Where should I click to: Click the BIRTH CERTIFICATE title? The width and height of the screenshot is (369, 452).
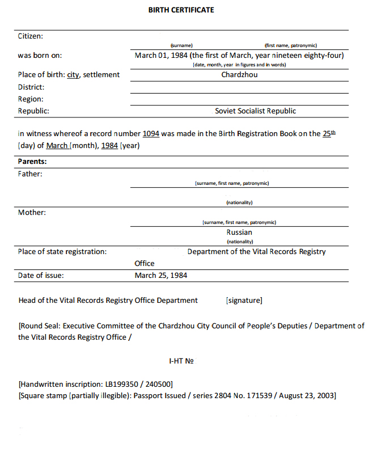(x=181, y=10)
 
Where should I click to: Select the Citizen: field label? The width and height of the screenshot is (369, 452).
(x=31, y=36)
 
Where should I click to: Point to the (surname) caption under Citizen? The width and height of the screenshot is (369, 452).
(x=182, y=45)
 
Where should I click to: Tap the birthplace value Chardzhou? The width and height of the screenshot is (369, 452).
(x=239, y=74)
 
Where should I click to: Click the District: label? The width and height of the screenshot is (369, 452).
(x=31, y=87)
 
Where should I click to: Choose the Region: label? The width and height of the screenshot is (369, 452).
(x=31, y=99)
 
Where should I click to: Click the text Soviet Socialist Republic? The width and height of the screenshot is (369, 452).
(x=255, y=111)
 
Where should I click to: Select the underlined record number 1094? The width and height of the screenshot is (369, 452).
(x=151, y=134)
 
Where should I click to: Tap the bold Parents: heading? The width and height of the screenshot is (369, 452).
(x=32, y=161)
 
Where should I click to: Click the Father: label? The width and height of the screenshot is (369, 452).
(x=30, y=174)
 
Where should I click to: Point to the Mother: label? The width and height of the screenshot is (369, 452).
(x=32, y=213)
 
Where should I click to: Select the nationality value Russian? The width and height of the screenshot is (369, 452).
(x=239, y=232)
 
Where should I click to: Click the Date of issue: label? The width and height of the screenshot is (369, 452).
(x=41, y=275)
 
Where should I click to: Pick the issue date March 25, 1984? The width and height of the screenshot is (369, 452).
(x=161, y=275)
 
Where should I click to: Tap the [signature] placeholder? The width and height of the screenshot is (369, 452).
(x=244, y=300)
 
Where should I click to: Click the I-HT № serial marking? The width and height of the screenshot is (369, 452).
(x=181, y=361)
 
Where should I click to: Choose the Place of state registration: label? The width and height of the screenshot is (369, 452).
(x=62, y=251)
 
